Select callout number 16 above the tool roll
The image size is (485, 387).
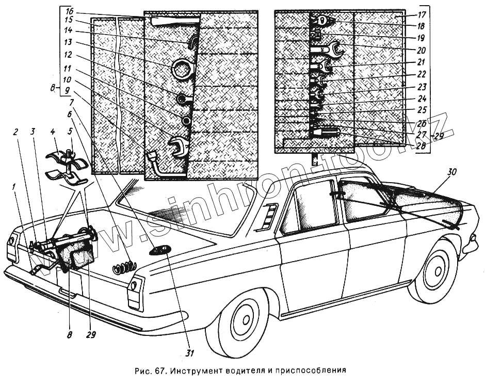[x=69, y=10]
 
